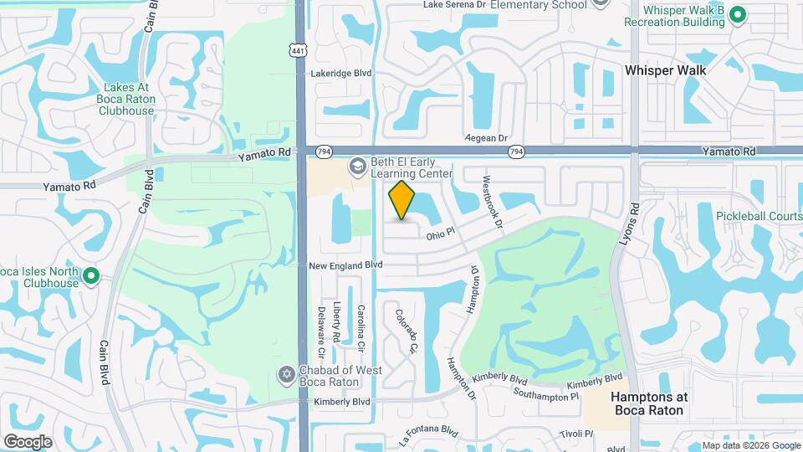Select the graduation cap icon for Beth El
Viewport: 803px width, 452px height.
(358, 167)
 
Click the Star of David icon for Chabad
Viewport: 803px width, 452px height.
(286, 372)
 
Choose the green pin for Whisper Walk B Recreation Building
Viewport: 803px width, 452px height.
(737, 14)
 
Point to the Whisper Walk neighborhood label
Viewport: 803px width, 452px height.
(665, 70)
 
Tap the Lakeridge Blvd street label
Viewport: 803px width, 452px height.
(340, 74)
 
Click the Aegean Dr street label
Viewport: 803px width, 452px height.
(486, 138)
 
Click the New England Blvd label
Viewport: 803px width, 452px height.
(345, 265)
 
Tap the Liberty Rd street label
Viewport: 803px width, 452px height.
(337, 321)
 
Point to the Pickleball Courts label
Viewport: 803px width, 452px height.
(758, 216)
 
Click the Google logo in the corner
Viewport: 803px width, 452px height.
(28, 441)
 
